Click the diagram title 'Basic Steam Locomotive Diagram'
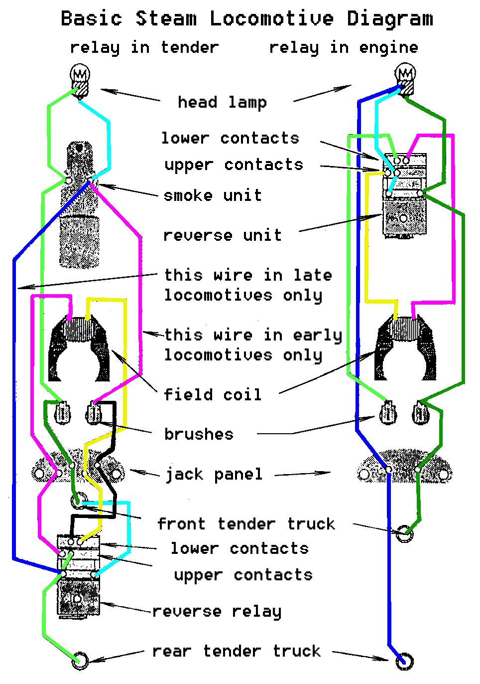(x=246, y=19)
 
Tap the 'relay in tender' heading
(x=144, y=47)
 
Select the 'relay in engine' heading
(x=344, y=47)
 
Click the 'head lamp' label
(x=222, y=102)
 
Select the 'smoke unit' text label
(x=213, y=195)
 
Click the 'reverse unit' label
(x=222, y=235)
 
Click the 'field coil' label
(x=213, y=394)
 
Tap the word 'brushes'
(x=199, y=434)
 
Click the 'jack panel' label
(x=214, y=474)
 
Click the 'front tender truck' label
(x=246, y=523)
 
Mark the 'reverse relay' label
(x=217, y=611)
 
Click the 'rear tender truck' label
(x=237, y=651)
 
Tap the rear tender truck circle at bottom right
(x=404, y=661)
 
